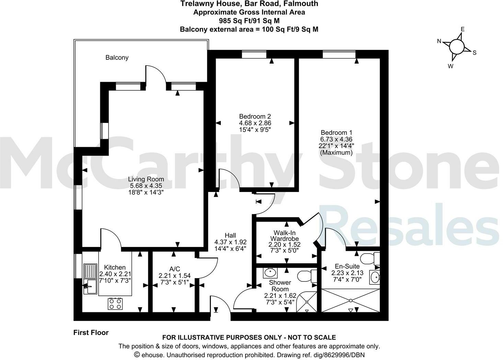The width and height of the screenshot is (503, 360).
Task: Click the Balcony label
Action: pyautogui.click(x=117, y=58)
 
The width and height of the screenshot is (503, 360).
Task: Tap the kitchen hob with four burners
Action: pyautogui.click(x=116, y=303)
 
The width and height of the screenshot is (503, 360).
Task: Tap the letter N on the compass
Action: pyautogui.click(x=439, y=41)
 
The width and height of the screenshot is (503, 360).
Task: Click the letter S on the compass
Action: pyautogui.click(x=475, y=53)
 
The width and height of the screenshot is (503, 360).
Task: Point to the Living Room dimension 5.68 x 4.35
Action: pyautogui.click(x=146, y=186)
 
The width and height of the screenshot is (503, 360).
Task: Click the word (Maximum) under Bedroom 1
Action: pyautogui.click(x=336, y=153)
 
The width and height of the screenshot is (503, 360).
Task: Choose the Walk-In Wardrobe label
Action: pyautogui.click(x=284, y=236)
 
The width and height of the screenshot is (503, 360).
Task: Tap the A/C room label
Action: pyautogui.click(x=174, y=269)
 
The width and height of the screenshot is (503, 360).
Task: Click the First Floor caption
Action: pyautogui.click(x=91, y=333)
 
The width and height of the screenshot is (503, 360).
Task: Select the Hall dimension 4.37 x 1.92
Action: pyautogui.click(x=230, y=242)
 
